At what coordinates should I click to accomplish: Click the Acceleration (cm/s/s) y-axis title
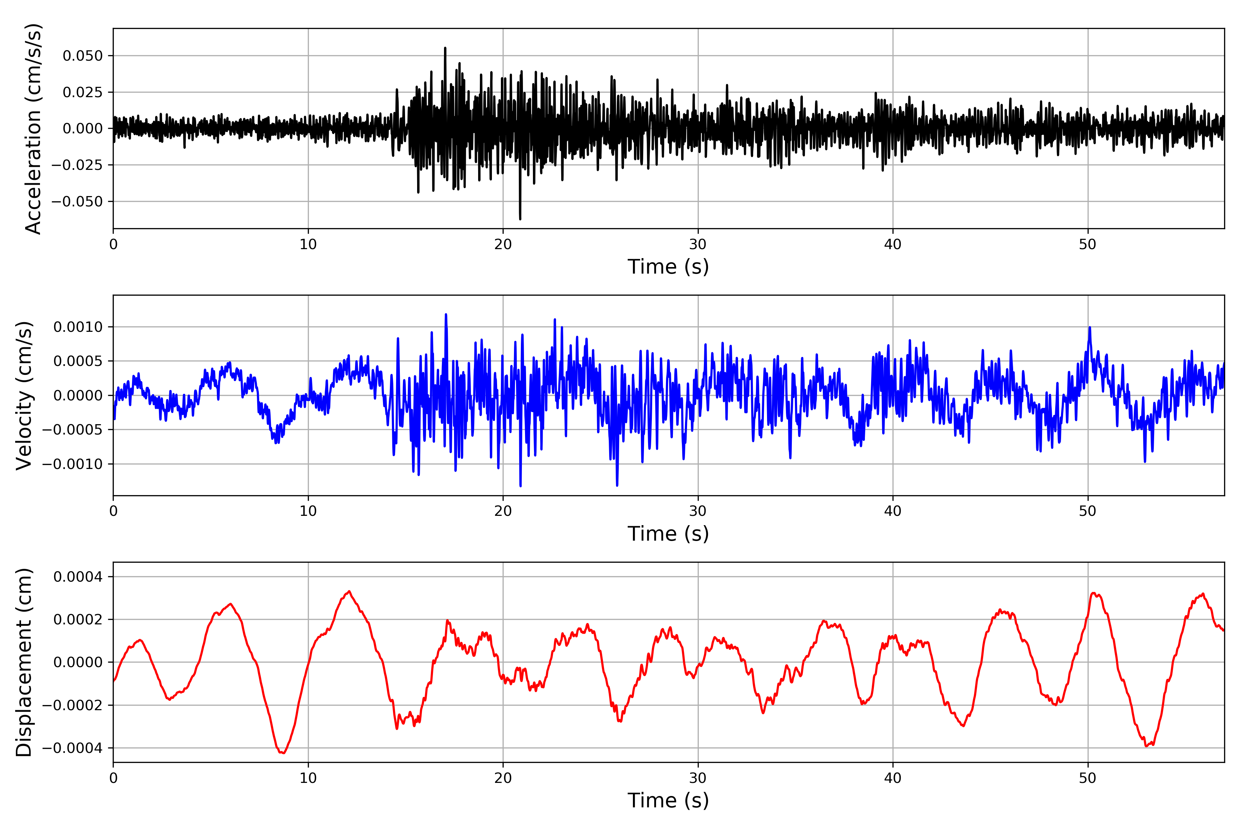(33, 129)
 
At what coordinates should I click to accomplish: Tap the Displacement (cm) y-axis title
(24, 662)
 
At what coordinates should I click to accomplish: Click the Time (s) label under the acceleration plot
(668, 267)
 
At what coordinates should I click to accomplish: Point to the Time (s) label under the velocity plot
(668, 534)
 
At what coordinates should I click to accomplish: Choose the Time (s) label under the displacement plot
(668, 800)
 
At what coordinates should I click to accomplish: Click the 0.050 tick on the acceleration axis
(83, 56)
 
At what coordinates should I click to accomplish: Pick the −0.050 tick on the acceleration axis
(77, 202)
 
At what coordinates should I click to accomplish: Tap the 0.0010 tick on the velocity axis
(78, 327)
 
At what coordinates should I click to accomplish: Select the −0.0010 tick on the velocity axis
(73, 464)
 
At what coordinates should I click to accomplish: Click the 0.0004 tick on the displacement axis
(78, 576)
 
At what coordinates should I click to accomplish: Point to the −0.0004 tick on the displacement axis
(73, 748)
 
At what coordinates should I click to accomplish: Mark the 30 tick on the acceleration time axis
(698, 245)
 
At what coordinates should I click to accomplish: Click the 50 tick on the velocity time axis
(1088, 511)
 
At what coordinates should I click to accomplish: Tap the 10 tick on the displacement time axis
(308, 778)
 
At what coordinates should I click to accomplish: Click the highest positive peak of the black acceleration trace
(445, 48)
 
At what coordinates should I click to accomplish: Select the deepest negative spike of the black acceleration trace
(520, 219)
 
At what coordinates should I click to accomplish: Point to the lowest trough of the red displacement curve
(283, 753)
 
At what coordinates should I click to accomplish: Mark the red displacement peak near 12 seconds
(349, 591)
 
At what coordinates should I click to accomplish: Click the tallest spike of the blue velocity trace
(446, 314)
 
